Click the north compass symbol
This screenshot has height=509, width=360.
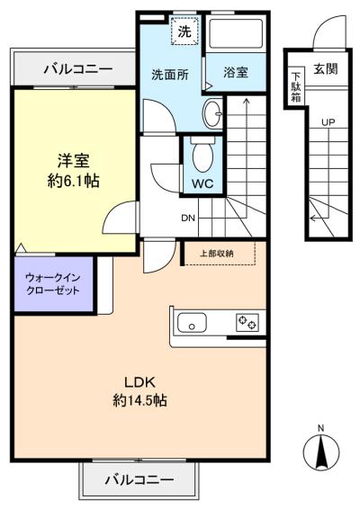click(322, 450)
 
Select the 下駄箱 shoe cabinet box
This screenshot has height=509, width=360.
click(295, 88)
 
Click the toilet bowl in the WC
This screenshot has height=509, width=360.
click(201, 158)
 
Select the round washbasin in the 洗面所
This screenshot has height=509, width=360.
click(211, 114)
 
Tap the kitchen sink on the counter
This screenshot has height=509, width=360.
click(193, 322)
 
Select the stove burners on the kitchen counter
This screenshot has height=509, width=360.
click(246, 322)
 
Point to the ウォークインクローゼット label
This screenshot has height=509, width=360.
click(52, 284)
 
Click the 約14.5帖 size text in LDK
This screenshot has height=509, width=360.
click(139, 399)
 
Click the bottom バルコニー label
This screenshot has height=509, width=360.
click(138, 479)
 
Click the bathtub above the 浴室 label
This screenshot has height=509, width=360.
click(237, 37)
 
